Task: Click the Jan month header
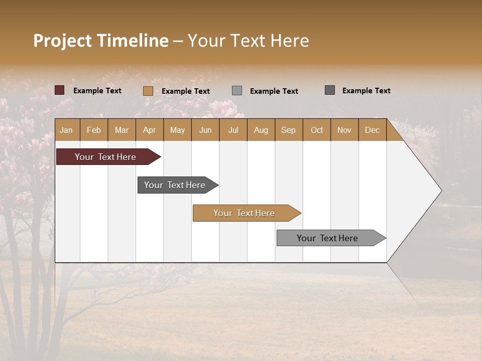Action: pos(67,130)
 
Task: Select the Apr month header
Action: pos(150,130)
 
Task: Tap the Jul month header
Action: pos(233,130)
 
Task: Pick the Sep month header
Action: pos(289,130)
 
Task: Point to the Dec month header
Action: pos(372,130)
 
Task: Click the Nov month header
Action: pos(344,130)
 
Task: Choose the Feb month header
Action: pos(94,130)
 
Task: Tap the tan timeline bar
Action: pos(245,213)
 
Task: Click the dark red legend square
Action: pos(60,90)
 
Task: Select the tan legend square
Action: pos(148,91)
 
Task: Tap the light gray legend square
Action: pos(237,91)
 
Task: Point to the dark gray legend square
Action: pos(330,90)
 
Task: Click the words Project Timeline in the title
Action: pos(100,41)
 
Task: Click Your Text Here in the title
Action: pos(249,41)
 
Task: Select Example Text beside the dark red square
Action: pos(97,91)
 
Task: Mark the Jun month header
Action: pos(205,130)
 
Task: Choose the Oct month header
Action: pos(317,130)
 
